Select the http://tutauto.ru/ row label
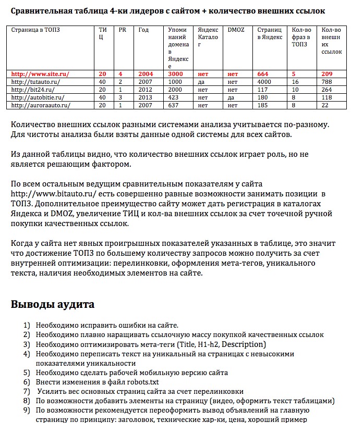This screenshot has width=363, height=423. tap(35, 82)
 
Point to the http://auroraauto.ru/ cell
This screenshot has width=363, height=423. tap(40, 105)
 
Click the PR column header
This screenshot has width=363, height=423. tap(123, 30)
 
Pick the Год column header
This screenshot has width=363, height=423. tap(143, 30)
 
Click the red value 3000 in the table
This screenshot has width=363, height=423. tap(176, 74)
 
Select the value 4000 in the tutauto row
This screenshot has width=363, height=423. tap(264, 82)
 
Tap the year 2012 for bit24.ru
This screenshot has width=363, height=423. tap(146, 90)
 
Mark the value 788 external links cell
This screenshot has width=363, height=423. tap(327, 82)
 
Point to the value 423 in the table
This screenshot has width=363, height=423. tap(174, 97)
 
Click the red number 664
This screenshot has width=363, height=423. tap(263, 74)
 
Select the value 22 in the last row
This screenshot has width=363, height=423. tap(325, 105)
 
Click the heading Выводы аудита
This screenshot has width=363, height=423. tap(53, 304)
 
